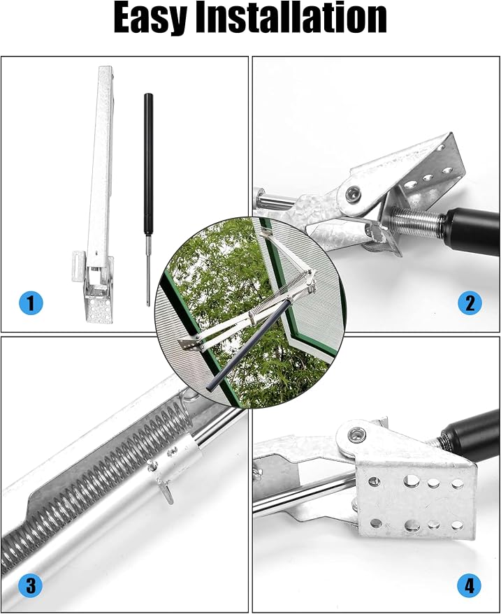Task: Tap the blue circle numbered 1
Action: pyautogui.click(x=31, y=303)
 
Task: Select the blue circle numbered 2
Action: pyautogui.click(x=470, y=303)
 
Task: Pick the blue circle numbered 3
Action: pyautogui.click(x=31, y=585)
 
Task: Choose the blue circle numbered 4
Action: pyautogui.click(x=470, y=585)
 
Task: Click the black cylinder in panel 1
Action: pyautogui.click(x=148, y=163)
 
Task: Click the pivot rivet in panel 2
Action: pyautogui.click(x=354, y=193)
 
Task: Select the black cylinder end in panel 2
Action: pyautogui.click(x=473, y=228)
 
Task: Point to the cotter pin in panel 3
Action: pyautogui.click(x=162, y=481)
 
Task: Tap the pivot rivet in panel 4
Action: pyautogui.click(x=356, y=434)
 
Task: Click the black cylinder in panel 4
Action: pyautogui.click(x=470, y=435)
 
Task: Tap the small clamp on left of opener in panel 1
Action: pyautogui.click(x=78, y=266)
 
